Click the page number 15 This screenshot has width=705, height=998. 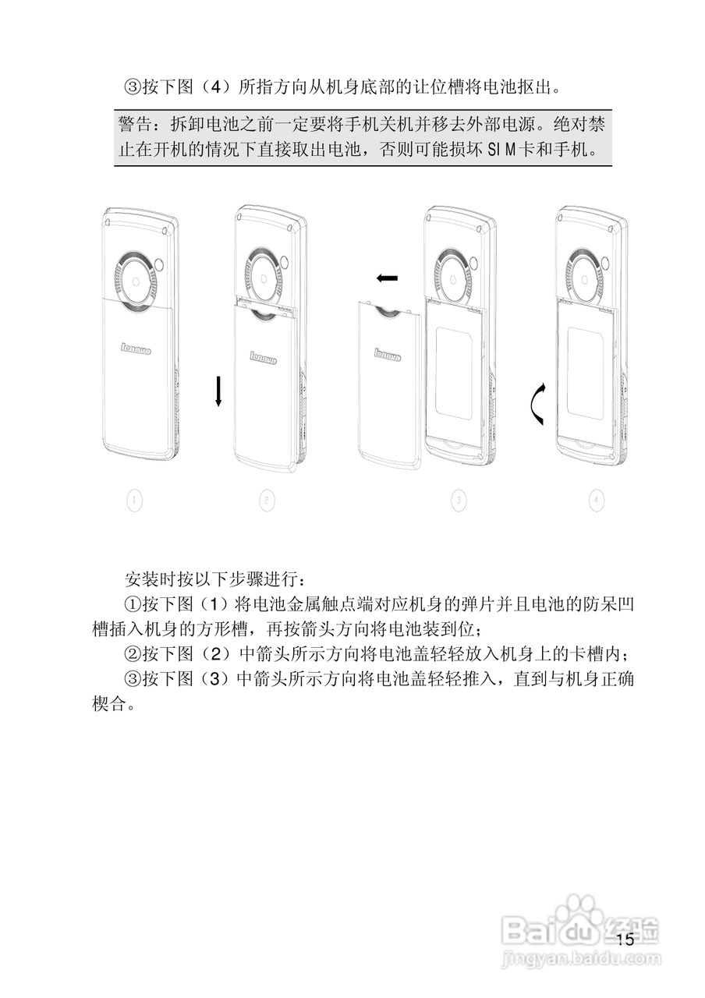pos(625,939)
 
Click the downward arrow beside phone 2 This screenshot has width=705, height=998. pos(219,390)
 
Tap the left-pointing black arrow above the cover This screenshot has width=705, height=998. pos(386,278)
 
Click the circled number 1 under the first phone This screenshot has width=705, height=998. pos(134,501)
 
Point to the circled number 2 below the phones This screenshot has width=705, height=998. pos(267,501)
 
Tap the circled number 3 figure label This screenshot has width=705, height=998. pos(459,501)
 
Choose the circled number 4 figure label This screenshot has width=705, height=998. pos(597,501)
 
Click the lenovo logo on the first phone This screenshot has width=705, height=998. pos(136,348)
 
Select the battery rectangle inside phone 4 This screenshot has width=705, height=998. pos(590,370)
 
